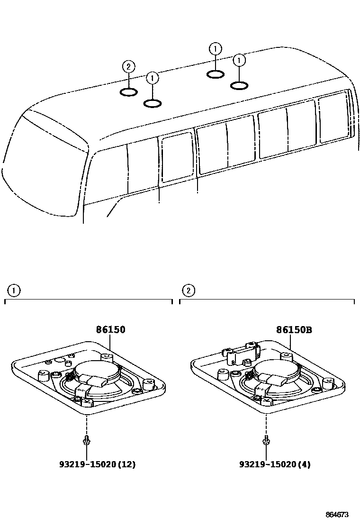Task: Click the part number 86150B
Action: [294, 330]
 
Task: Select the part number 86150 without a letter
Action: [111, 329]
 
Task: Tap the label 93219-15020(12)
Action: [97, 464]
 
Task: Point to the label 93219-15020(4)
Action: [275, 464]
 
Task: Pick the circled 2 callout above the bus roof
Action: [128, 67]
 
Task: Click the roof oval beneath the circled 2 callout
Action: [128, 91]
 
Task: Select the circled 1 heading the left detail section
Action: [14, 291]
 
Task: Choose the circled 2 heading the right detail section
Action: [189, 291]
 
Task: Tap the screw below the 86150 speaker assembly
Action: [86, 441]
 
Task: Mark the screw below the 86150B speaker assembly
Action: [266, 441]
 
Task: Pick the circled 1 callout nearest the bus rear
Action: [240, 60]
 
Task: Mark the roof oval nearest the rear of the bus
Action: [239, 85]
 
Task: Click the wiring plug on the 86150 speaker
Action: [97, 379]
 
